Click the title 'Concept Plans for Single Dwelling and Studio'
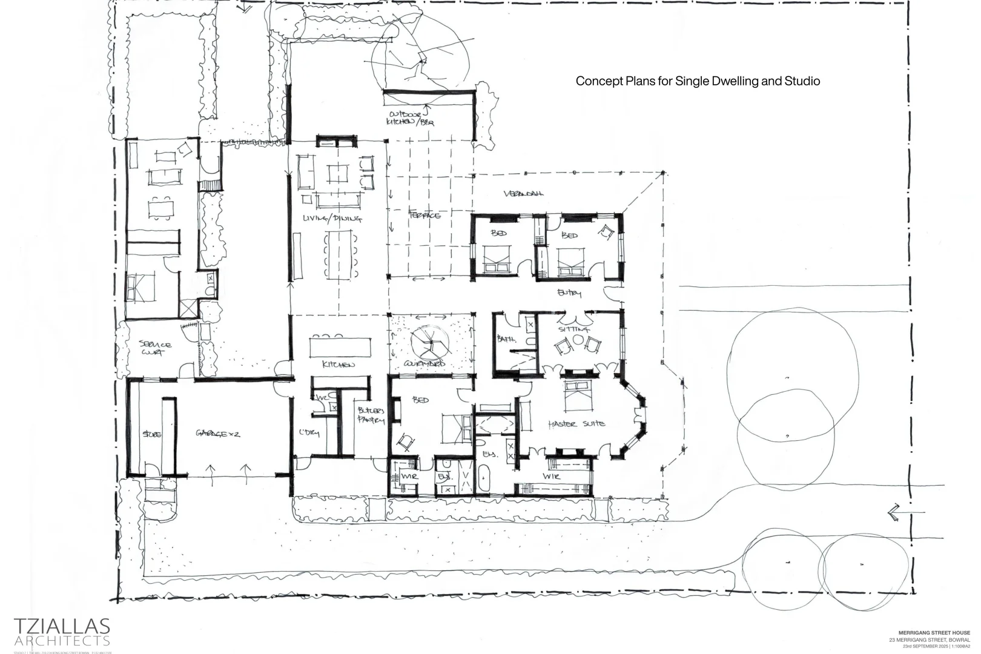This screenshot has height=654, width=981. pyautogui.click(x=698, y=81)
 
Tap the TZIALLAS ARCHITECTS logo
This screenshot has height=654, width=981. pyautogui.click(x=62, y=632)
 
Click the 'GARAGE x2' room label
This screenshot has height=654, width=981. pyautogui.click(x=218, y=434)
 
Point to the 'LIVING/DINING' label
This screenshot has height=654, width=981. pyautogui.click(x=332, y=219)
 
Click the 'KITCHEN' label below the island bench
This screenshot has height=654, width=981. pyautogui.click(x=339, y=365)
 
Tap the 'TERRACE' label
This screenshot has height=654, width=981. pyautogui.click(x=425, y=215)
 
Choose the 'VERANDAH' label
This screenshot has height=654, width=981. pyautogui.click(x=523, y=194)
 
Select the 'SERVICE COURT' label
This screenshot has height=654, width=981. pyautogui.click(x=156, y=348)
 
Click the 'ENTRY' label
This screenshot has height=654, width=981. pyautogui.click(x=569, y=293)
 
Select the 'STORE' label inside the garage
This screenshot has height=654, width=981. pyautogui.click(x=151, y=434)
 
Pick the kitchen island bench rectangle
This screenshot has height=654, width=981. pyautogui.click(x=341, y=348)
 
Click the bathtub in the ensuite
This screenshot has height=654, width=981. pyautogui.click(x=484, y=478)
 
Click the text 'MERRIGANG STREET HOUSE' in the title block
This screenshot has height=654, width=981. pyautogui.click(x=934, y=633)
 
